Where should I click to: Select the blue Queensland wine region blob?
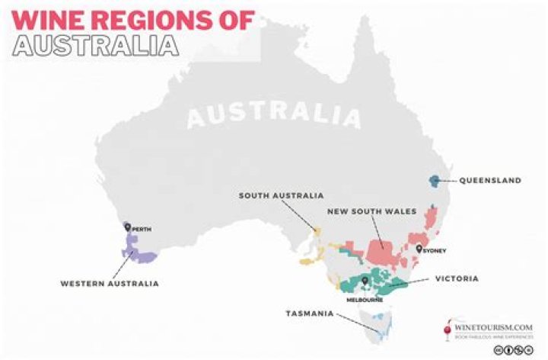pos(434,180)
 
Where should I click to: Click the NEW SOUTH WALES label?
pos(371,211)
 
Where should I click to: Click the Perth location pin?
pos(128,226)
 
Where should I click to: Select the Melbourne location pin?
pos(365,281)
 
